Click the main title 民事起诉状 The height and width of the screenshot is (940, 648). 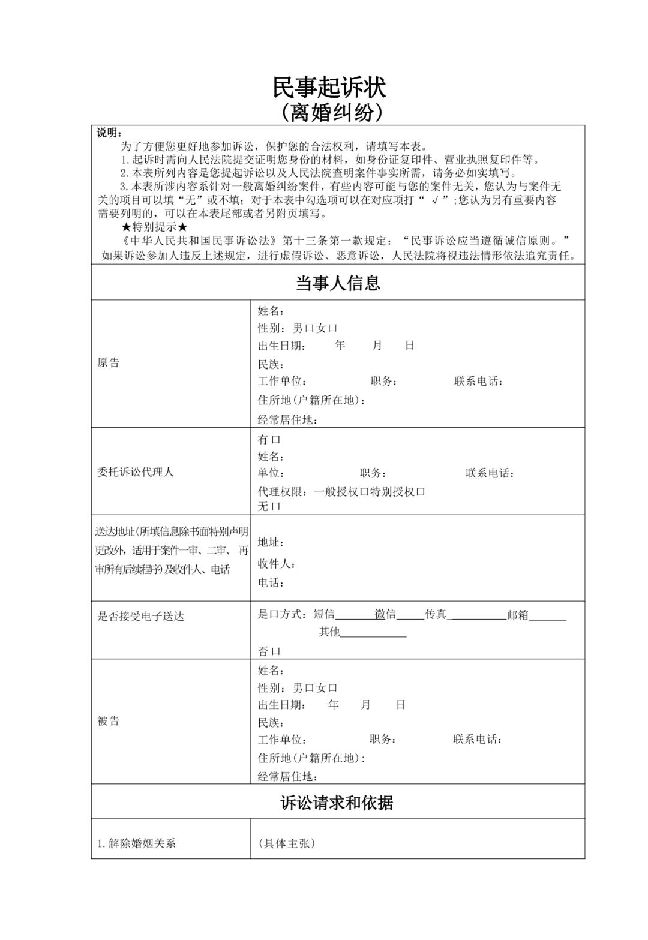coord(329,88)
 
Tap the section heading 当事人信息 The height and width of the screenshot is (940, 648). coord(337,283)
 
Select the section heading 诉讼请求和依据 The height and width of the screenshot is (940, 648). coord(337,803)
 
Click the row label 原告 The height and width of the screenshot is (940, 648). coord(109,363)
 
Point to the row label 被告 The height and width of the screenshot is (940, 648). coord(109,721)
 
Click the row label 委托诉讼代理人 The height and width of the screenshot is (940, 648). coord(135,472)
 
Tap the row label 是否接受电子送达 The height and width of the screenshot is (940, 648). coord(140,617)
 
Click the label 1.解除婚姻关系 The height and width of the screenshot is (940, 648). coord(136,843)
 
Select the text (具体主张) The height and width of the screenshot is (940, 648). coord(286,843)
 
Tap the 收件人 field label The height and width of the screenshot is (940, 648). coord(276,564)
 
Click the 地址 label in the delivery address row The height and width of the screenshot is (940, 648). coord(270,542)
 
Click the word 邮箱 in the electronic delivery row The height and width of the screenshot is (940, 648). coord(517,615)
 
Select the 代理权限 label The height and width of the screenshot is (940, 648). coord(282,492)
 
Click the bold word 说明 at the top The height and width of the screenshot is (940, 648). coord(109,133)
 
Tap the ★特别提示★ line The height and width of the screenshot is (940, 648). coord(154,227)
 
